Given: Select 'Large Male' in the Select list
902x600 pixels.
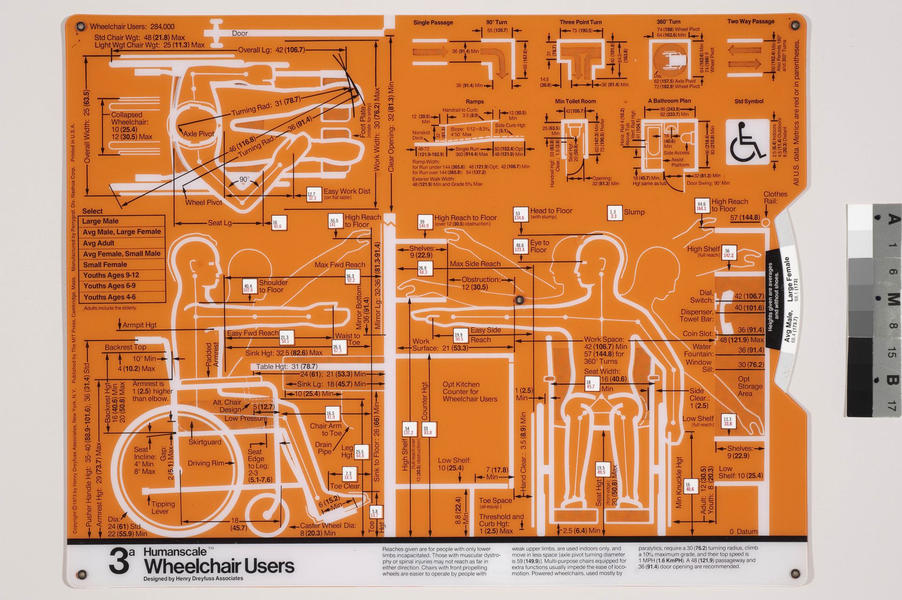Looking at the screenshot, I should click(100, 221).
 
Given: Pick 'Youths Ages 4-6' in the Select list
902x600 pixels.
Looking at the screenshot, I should click(109, 297).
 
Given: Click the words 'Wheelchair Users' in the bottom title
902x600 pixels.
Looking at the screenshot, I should click(219, 566).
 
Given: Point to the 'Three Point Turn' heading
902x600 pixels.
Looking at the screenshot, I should click(581, 22).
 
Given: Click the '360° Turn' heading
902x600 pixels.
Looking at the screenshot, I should click(668, 22).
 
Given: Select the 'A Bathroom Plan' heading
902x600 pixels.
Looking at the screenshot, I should click(669, 101).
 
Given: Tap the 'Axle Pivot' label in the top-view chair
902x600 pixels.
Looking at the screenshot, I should click(198, 134).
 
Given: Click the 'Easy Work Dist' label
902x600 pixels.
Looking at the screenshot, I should click(347, 191).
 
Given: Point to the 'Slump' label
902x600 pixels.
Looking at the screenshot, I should click(634, 212).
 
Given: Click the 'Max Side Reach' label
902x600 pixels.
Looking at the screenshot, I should click(475, 264).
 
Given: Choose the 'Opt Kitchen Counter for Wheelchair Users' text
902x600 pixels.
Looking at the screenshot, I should click(469, 392).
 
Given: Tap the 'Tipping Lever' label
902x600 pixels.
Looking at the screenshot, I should click(162, 508).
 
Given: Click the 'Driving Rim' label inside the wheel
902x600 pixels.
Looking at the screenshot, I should click(206, 463).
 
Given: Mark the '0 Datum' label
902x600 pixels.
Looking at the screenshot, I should click(743, 531).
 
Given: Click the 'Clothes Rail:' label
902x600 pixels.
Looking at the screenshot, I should click(775, 198).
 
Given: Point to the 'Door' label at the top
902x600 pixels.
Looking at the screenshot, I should click(240, 33).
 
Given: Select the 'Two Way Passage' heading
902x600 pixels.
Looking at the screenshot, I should click(751, 21).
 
